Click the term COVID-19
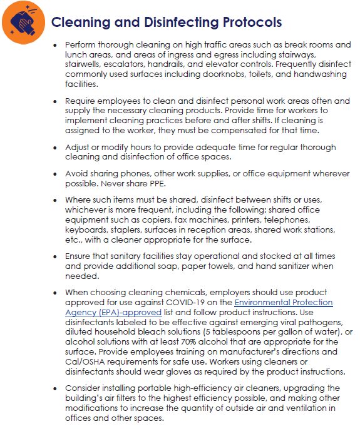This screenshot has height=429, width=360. pyautogui.click(x=207, y=303)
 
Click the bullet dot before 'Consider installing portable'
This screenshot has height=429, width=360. pyautogui.click(x=56, y=388)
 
